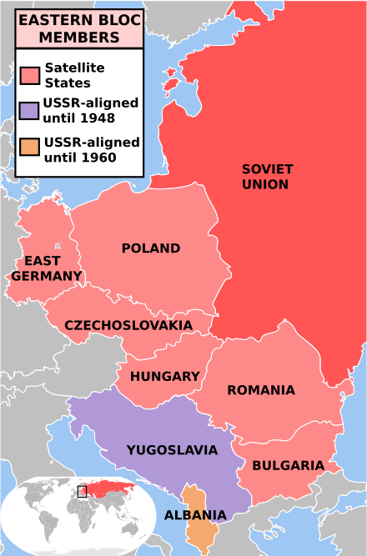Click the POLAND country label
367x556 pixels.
[150, 248]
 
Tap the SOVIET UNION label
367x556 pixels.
[267, 176]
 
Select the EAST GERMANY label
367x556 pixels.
[47, 268]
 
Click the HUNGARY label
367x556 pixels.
[165, 377]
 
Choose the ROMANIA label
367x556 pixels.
[260, 390]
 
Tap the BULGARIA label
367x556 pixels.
[288, 465]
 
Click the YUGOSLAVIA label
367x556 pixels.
[172, 450]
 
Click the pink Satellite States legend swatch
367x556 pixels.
[31, 76]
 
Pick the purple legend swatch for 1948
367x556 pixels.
[31, 111]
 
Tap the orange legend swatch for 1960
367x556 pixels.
[31, 149]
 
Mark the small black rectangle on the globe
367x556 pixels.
[82, 492]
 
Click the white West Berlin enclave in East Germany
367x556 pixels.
[56, 246]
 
